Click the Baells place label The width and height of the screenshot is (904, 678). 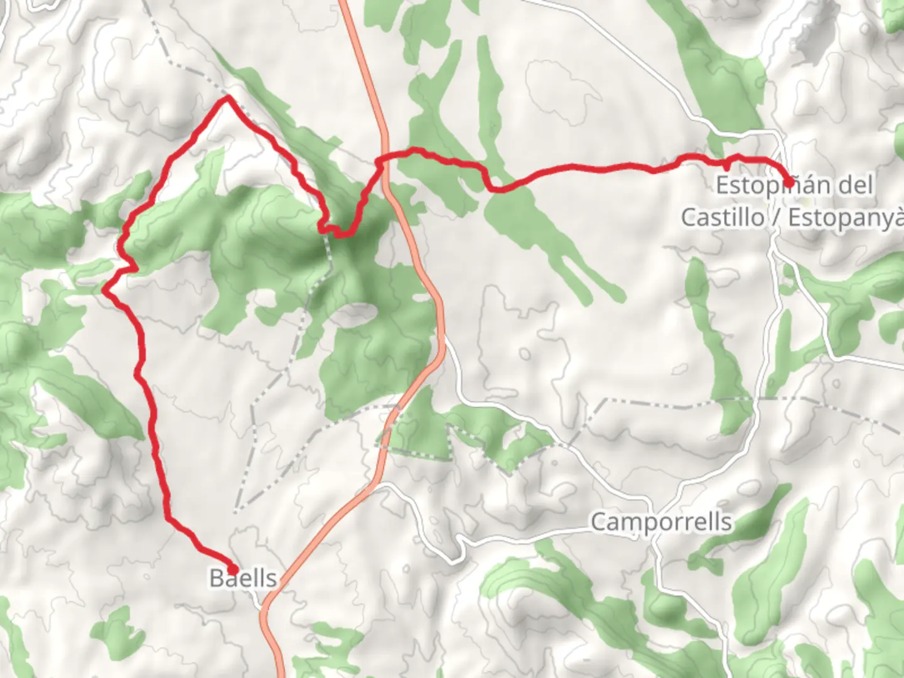[x=243, y=578]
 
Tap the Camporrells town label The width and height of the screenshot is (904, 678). [x=661, y=522]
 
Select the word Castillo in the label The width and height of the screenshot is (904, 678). [x=722, y=217]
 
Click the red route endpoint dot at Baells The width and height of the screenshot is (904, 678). [x=232, y=569]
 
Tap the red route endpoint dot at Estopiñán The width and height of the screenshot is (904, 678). [x=787, y=182]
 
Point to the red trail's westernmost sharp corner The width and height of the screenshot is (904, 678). [x=105, y=289]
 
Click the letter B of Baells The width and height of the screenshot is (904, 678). [x=216, y=578]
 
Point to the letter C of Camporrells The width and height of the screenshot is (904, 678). [x=600, y=522]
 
